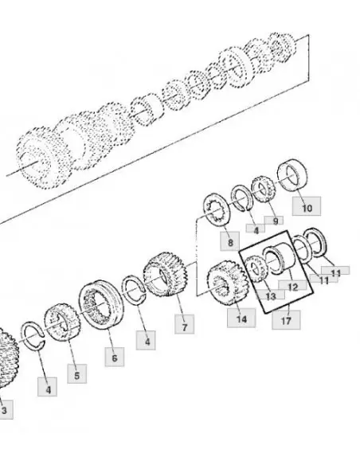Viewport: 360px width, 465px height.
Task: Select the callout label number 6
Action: pos(115,357)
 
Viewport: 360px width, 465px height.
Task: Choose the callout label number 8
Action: pos(230,241)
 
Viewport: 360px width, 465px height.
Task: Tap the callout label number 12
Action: pos(292,286)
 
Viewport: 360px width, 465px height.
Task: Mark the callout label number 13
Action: pos(271,295)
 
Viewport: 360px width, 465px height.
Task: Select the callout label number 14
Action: pos(241,318)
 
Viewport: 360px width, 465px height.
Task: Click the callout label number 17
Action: pos(286,320)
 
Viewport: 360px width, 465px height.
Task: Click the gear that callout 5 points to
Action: pos(62,322)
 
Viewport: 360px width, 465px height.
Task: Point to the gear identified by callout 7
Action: pos(166,274)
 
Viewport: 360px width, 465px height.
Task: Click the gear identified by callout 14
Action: pos(227,283)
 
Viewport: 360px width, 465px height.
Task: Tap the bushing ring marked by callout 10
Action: pos(292,175)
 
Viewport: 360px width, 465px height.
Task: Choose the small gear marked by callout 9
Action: pos(263,190)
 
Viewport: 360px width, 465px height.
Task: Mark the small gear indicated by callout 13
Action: pos(256,268)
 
